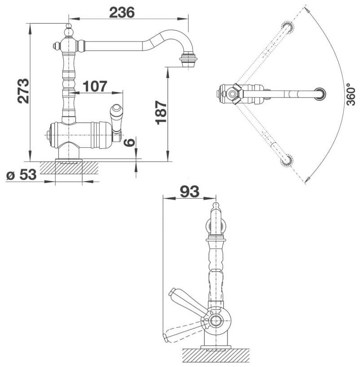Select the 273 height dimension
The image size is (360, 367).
point(23,91)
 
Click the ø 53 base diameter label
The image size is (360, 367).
point(21,175)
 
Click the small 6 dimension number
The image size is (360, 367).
point(129,142)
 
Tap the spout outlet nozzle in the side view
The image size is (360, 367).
point(189,59)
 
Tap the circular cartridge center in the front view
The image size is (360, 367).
point(217,321)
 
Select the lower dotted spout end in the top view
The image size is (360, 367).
point(287,160)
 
